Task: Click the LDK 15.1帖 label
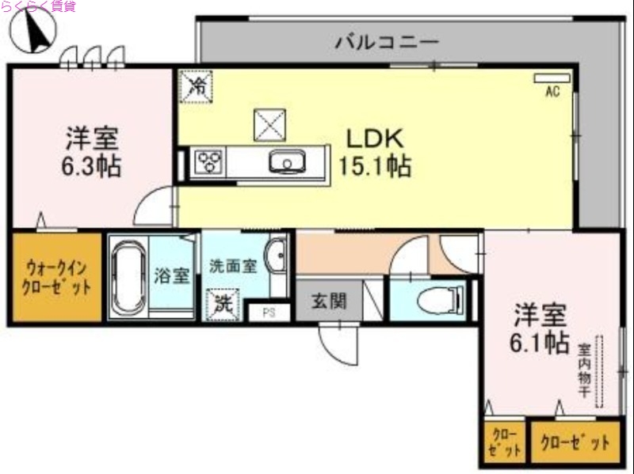point(375,151)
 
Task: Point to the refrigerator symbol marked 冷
point(196,85)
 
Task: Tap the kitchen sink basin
point(285,162)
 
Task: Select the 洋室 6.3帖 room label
point(91,151)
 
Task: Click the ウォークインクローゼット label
point(54,278)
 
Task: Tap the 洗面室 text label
point(232,266)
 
